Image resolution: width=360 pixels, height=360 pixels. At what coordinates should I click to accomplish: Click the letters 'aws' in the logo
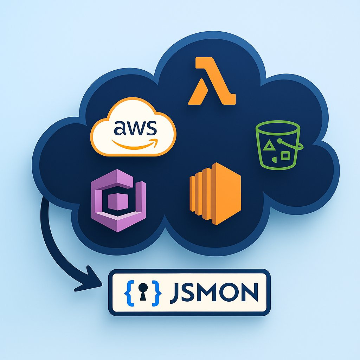point(135,128)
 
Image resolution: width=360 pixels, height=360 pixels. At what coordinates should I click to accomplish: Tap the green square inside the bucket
point(285,155)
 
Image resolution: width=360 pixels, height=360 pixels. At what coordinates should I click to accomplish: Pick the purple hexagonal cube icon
point(118,200)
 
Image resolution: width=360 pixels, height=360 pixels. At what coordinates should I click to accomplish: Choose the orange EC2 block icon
point(215,194)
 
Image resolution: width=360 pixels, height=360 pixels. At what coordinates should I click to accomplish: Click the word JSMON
point(214,292)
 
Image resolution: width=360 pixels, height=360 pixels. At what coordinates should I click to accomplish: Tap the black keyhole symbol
point(143,291)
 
